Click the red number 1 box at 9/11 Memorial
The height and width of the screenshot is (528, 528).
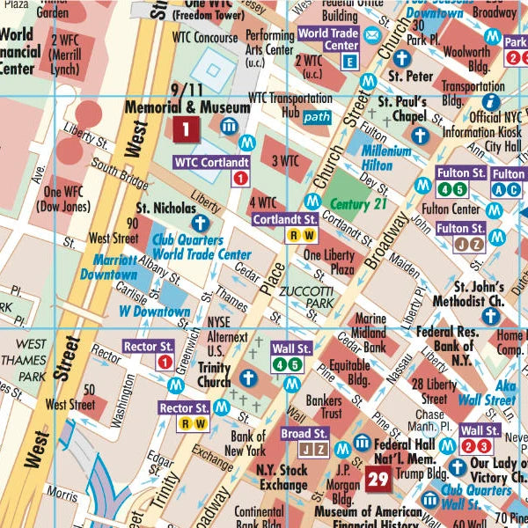click(x=185, y=130)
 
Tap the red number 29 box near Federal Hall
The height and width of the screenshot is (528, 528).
click(x=378, y=479)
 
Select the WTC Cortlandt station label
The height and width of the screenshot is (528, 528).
click(x=211, y=162)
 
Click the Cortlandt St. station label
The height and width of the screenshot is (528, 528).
click(x=285, y=219)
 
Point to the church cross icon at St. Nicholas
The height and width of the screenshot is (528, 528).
click(x=201, y=222)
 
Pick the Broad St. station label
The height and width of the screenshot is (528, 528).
click(x=304, y=434)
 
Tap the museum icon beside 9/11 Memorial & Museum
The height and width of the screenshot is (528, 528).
click(x=229, y=126)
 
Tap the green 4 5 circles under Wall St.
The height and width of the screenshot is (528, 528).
click(x=291, y=364)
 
